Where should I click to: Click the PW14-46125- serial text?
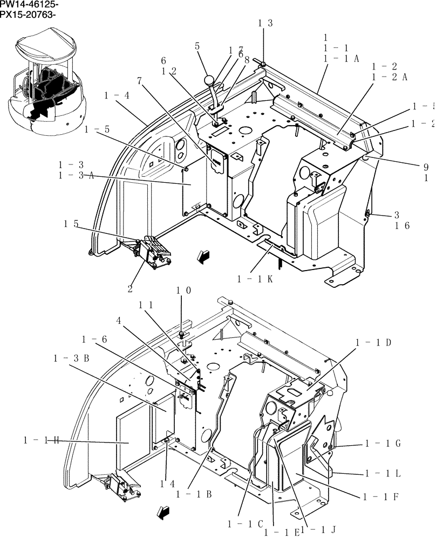[29, 5]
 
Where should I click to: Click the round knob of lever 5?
[209, 81]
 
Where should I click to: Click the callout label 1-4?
[117, 95]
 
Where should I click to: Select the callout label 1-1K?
[255, 279]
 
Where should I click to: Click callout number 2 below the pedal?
[130, 288]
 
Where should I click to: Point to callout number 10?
[183, 291]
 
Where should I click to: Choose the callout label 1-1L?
[383, 473]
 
